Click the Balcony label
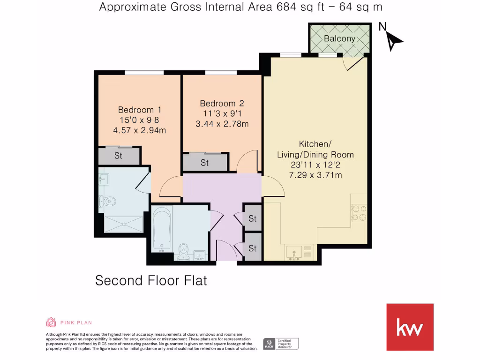[339, 38]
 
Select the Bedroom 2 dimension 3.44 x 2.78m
[222, 124]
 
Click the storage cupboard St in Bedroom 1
[119, 156]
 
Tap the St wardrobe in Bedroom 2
[205, 163]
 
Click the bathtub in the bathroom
[160, 229]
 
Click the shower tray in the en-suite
[122, 224]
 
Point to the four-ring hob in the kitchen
[359, 213]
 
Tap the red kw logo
[410, 327]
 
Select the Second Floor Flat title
[151, 280]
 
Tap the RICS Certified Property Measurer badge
[281, 344]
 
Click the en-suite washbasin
[104, 179]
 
